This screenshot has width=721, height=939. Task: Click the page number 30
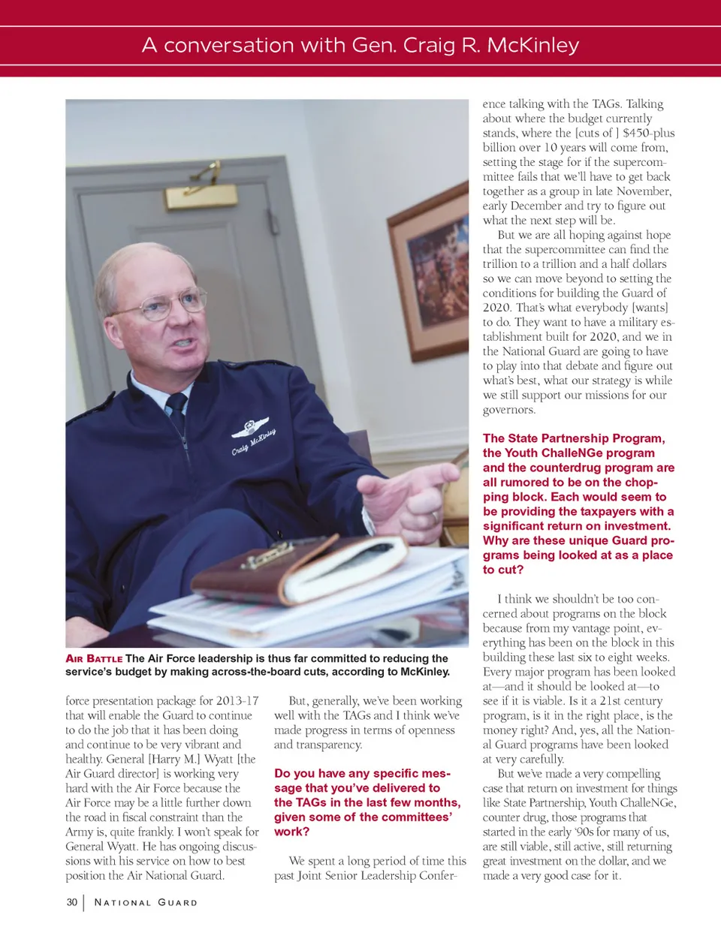tap(71, 901)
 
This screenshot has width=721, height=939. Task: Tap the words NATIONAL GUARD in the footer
tap(146, 902)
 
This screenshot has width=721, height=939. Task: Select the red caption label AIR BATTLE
tap(94, 658)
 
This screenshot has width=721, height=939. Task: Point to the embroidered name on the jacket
tap(253, 443)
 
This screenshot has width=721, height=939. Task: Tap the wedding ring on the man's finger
tap(434, 517)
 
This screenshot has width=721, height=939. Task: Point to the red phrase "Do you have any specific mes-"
tap(362, 773)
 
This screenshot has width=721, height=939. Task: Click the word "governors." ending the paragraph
tap(509, 410)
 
